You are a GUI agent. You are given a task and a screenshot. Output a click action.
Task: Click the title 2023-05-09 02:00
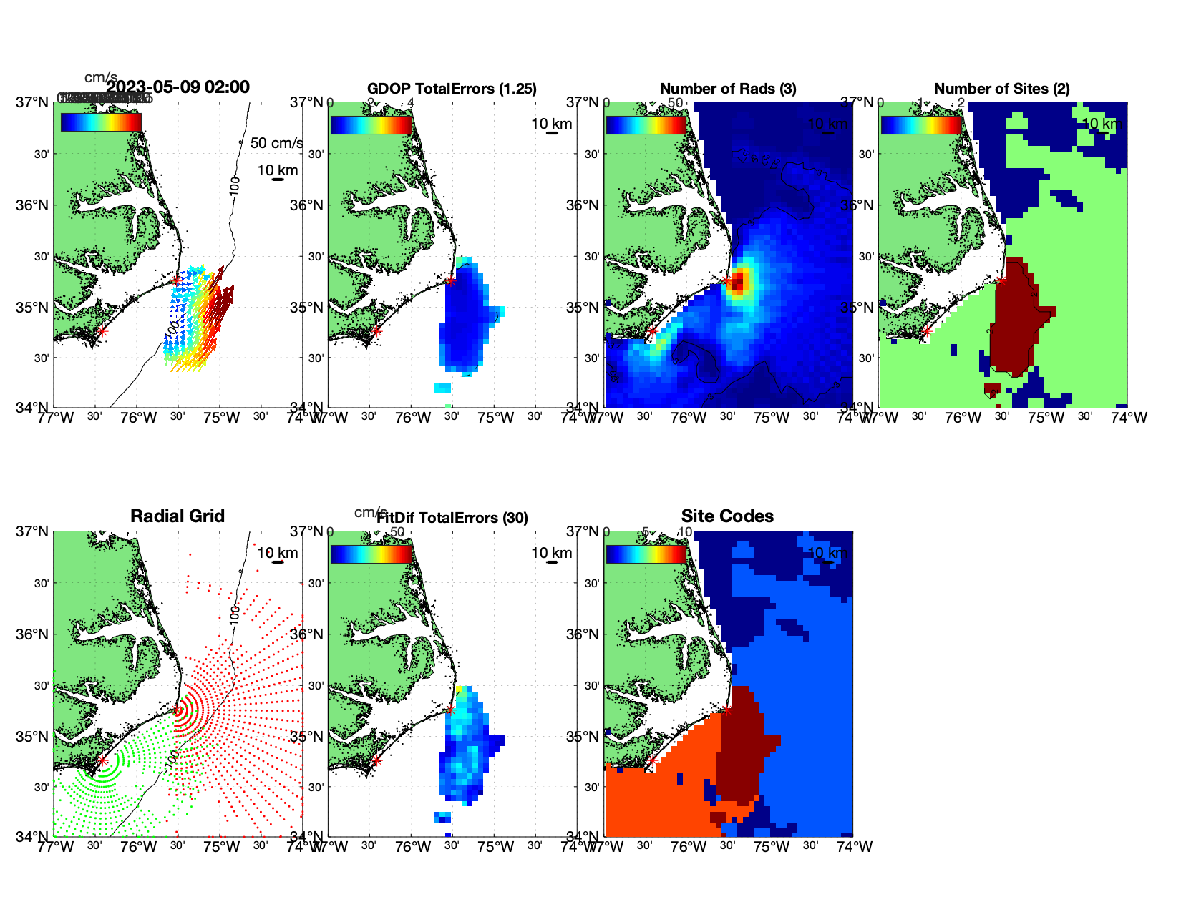(178, 87)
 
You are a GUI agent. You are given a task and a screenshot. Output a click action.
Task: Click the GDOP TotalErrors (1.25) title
(452, 89)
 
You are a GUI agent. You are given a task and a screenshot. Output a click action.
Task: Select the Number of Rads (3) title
(728, 89)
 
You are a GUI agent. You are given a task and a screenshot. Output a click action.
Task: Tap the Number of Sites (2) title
(1002, 89)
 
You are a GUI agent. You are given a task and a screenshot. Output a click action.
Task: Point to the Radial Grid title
(178, 516)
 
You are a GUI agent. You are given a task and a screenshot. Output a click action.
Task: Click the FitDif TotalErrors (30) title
(452, 518)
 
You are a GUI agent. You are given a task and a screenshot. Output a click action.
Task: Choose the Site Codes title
(727, 516)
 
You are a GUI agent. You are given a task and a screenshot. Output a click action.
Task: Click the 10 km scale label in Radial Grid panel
(278, 553)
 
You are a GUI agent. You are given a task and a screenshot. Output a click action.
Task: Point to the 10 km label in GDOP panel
(552, 124)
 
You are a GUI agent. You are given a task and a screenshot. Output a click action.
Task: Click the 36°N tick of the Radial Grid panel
(33, 634)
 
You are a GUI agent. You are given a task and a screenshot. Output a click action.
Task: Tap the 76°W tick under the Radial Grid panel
(138, 848)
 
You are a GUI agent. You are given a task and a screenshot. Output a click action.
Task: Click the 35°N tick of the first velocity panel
(33, 308)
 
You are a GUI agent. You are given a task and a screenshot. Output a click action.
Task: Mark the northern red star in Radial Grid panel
(176, 710)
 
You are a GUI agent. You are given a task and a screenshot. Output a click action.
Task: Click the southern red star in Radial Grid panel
(102, 761)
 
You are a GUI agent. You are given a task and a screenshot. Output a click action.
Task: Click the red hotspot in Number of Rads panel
(739, 280)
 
